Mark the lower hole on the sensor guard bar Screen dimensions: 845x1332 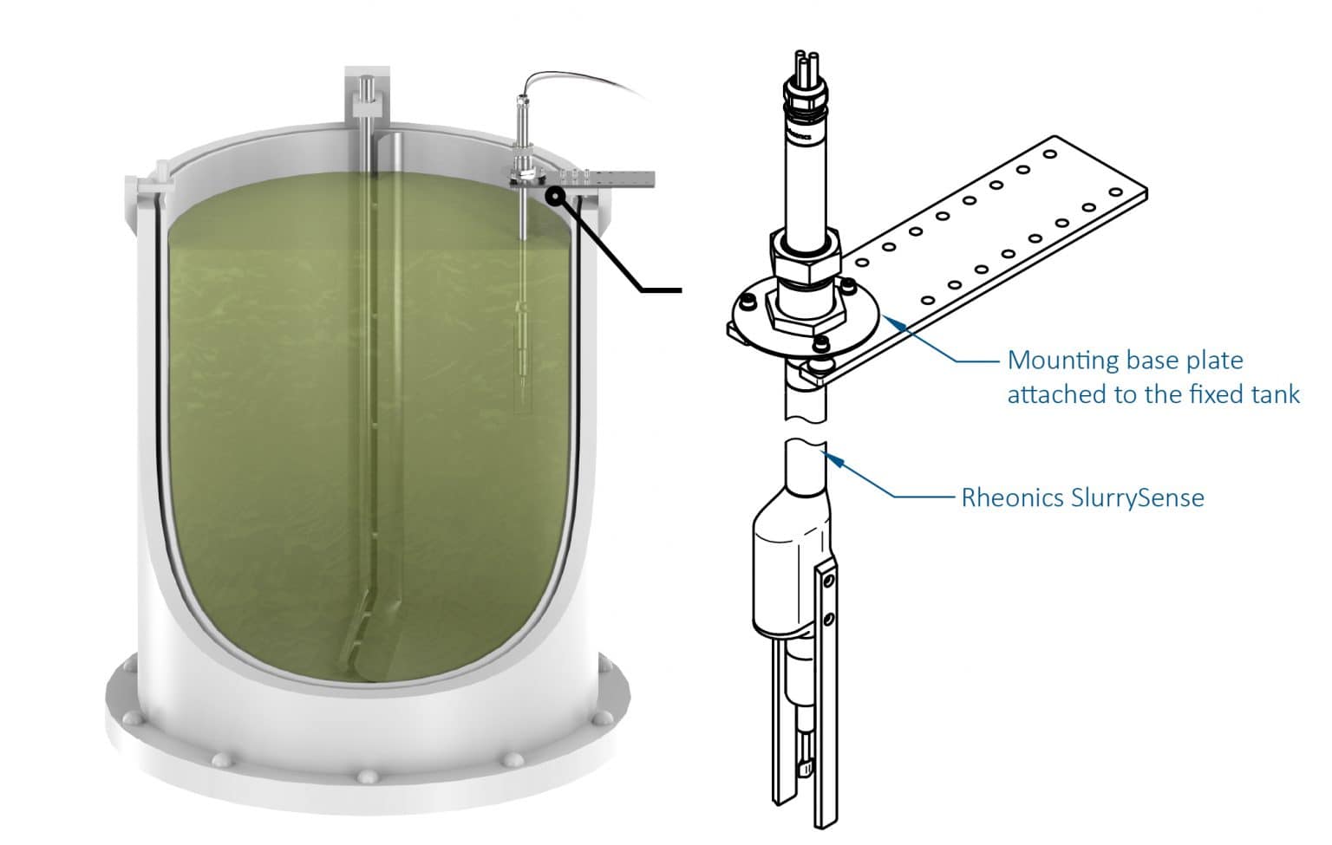click(x=830, y=619)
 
